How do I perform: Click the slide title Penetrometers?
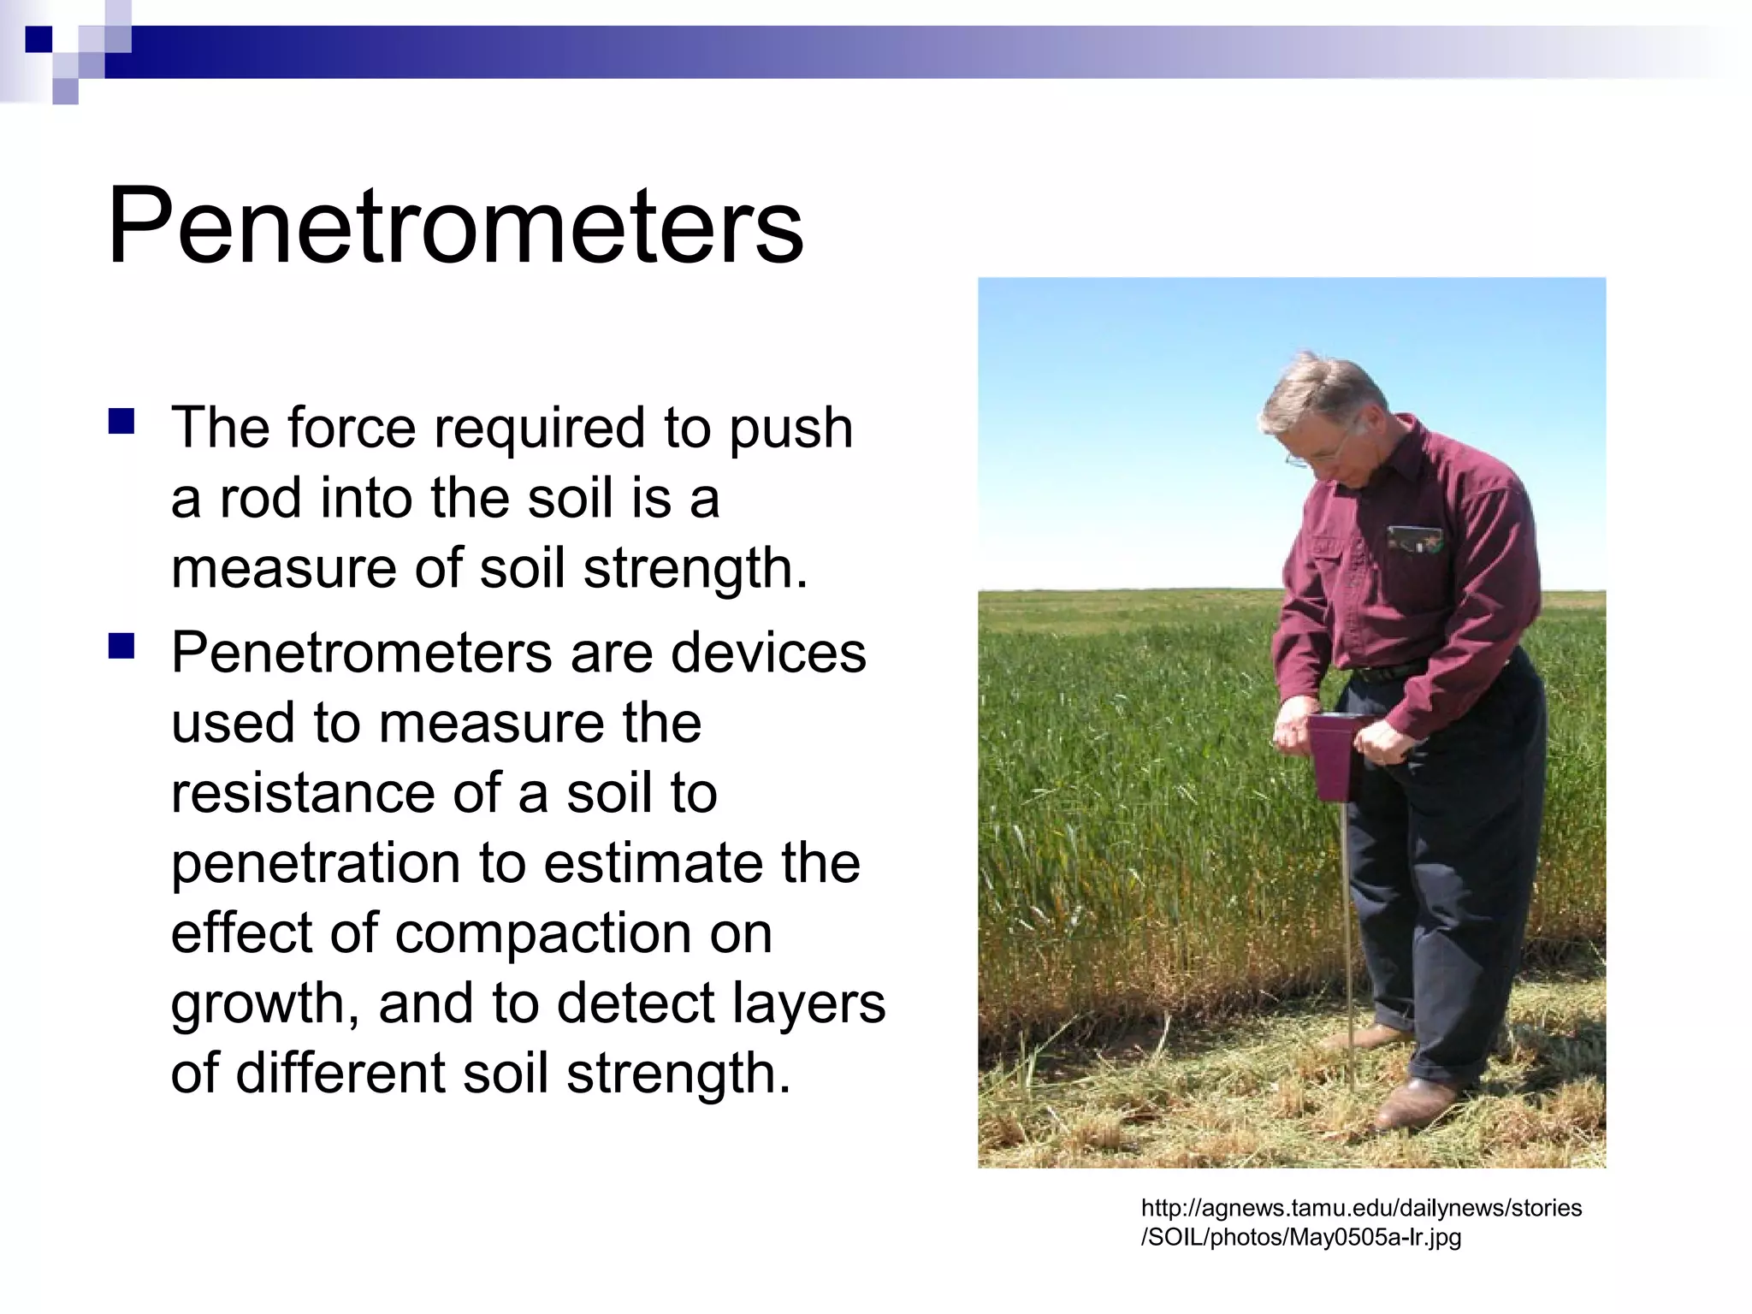coord(455,226)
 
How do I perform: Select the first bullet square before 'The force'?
coord(121,423)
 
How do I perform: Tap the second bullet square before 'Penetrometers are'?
coord(121,647)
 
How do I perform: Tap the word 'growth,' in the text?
coord(265,1003)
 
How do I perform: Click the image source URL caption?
coord(1360,1222)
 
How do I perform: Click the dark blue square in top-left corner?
coord(38,38)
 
